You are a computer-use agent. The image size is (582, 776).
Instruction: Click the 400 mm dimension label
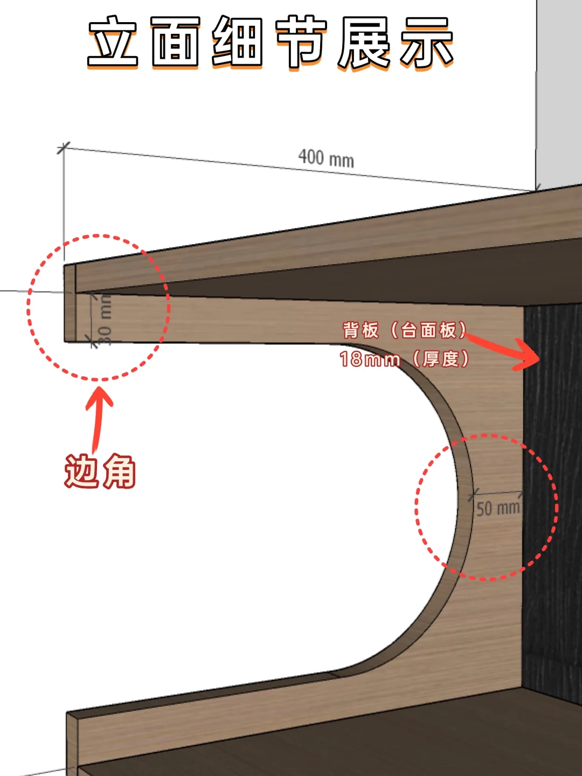[x=326, y=158]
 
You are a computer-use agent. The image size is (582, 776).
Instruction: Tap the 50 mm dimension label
[x=497, y=508]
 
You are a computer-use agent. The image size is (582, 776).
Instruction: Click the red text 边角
[x=100, y=472]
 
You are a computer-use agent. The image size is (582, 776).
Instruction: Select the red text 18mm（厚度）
[x=404, y=359]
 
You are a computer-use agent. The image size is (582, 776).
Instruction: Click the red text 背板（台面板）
[x=404, y=330]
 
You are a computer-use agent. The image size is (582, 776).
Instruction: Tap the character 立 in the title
[x=114, y=41]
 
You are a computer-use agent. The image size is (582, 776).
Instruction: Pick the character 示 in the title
[x=426, y=41]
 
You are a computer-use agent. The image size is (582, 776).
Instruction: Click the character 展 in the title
[x=364, y=41]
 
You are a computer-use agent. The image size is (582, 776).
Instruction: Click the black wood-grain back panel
[x=552, y=485]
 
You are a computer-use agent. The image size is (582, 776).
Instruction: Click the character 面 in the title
[x=176, y=41]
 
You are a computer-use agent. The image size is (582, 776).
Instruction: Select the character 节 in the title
[x=301, y=41]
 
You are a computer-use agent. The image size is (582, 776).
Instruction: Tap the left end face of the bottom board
[x=72, y=744]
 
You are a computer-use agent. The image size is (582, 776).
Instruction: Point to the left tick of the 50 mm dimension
[x=474, y=493]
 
